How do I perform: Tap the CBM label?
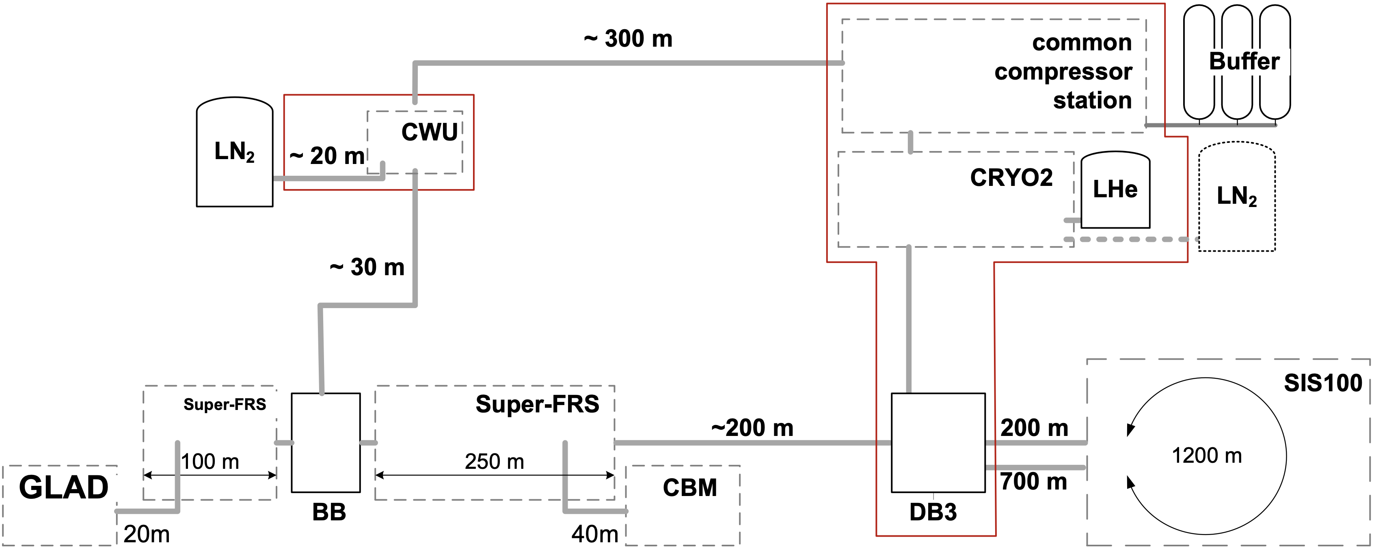pyautogui.click(x=690, y=487)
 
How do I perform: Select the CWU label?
pyautogui.click(x=430, y=132)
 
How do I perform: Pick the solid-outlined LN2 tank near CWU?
pyautogui.click(x=235, y=152)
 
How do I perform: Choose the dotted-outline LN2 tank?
pyautogui.click(x=1236, y=196)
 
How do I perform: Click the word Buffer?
pyautogui.click(x=1244, y=61)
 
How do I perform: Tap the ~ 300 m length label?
pyautogui.click(x=628, y=39)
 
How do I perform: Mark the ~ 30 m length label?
pyautogui.click(x=367, y=267)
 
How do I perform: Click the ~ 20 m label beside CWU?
pyautogui.click(x=327, y=156)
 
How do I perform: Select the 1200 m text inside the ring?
pyautogui.click(x=1207, y=455)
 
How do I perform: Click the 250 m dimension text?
pyautogui.click(x=495, y=462)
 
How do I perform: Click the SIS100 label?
pyautogui.click(x=1323, y=383)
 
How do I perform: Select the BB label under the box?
pyautogui.click(x=329, y=512)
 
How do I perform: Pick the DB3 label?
pyautogui.click(x=933, y=512)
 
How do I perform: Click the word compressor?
pyautogui.click(x=1063, y=71)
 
